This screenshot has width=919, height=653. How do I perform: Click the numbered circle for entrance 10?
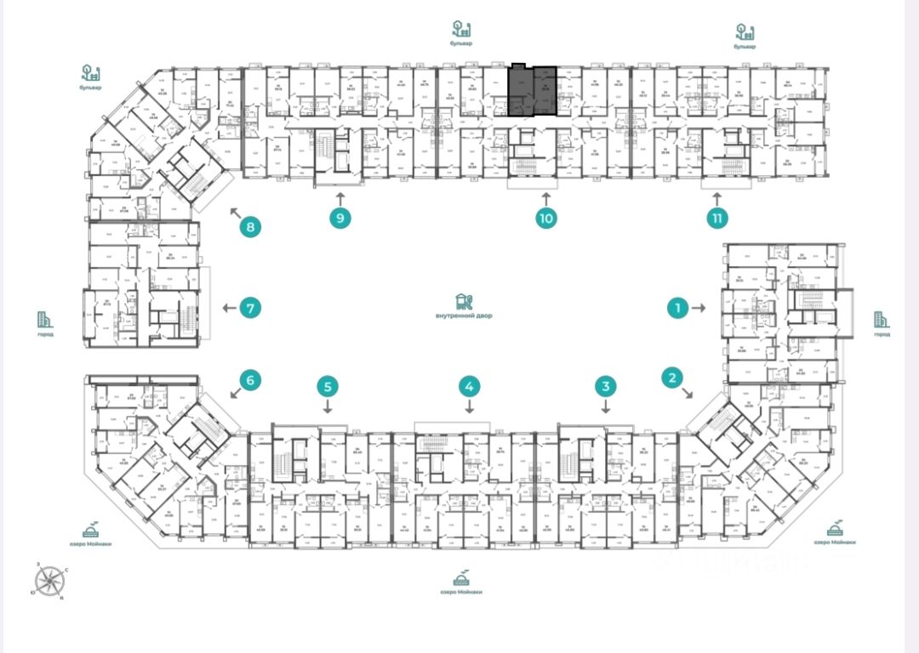click(545, 218)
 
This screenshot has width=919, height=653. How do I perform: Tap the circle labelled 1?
click(677, 309)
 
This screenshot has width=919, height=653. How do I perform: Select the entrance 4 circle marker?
click(468, 387)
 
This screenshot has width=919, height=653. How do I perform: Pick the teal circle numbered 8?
click(250, 227)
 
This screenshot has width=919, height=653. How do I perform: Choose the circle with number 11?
click(718, 218)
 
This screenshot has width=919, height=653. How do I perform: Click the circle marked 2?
click(673, 378)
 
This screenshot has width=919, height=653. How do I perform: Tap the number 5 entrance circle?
click(329, 387)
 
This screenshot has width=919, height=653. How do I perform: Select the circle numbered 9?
click(340, 218)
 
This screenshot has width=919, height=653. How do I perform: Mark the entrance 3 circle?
click(605, 387)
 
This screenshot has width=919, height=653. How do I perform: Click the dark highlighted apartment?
click(533, 91)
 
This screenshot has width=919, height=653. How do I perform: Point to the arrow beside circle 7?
click(228, 309)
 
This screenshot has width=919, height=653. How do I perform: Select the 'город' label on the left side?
click(45, 334)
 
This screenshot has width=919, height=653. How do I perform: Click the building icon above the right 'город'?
click(882, 320)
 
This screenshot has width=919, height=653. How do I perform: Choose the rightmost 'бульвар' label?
click(745, 46)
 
